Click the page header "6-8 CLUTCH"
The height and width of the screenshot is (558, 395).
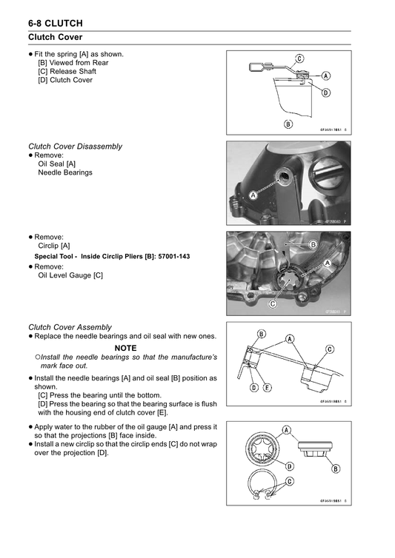point(56,24)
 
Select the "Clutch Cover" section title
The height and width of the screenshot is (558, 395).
point(56,37)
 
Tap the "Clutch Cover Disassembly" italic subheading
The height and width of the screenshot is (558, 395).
point(76,147)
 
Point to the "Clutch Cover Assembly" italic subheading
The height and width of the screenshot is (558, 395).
point(70,327)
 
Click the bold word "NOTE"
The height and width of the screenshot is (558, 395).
point(125,348)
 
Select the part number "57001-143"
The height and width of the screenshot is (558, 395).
point(174,256)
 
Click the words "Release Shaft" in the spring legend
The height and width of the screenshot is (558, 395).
point(73,71)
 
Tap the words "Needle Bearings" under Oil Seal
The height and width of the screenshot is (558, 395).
point(65,172)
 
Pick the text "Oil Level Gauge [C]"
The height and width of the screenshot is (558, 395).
point(70,275)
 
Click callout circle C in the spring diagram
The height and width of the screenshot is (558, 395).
point(299,58)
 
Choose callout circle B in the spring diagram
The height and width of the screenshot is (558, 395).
point(288,124)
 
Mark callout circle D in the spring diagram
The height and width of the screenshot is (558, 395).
point(326,93)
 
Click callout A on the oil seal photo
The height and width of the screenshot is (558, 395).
point(253,195)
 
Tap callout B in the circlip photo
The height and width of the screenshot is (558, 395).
point(313,244)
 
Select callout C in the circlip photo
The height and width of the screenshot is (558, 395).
point(273,304)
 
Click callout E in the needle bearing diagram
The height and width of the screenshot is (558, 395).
point(268,388)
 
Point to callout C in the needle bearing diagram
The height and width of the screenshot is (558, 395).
point(330,349)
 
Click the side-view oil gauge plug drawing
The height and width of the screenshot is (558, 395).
point(315,450)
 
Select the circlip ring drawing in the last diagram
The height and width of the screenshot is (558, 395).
point(261,484)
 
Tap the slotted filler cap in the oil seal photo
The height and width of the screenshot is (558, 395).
point(326,172)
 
